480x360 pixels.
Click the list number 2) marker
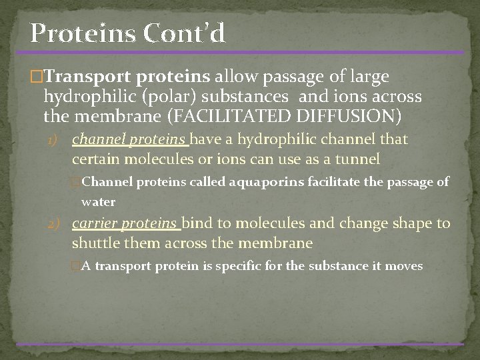(x=59, y=225)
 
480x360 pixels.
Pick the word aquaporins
(x=262, y=181)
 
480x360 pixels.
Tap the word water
(x=99, y=201)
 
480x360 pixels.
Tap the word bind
(x=197, y=223)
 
